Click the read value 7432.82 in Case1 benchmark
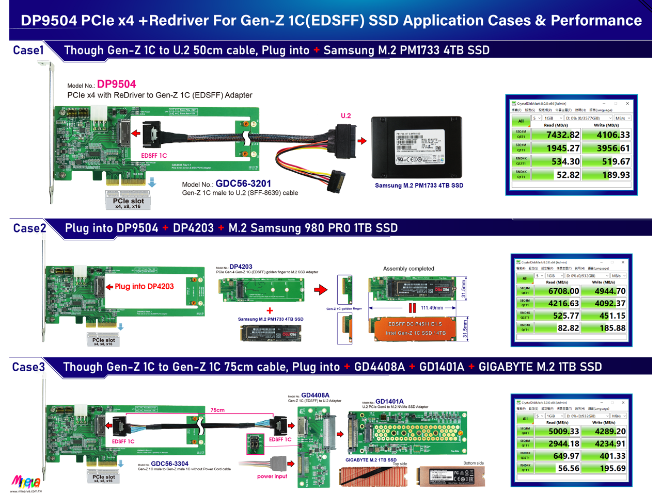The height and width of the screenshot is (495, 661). (x=562, y=135)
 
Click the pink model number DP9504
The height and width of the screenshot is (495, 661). (x=117, y=84)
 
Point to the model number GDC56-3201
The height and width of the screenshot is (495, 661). (x=243, y=184)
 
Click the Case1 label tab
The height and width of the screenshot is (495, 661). (x=28, y=51)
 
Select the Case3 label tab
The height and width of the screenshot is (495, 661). (x=28, y=367)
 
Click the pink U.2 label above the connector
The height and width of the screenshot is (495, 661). (x=345, y=115)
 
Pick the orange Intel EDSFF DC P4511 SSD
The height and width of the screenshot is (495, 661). (x=415, y=328)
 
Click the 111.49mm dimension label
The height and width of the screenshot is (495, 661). (x=432, y=308)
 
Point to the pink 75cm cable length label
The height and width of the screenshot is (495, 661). (x=217, y=410)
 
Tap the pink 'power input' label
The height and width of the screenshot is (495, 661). (x=272, y=476)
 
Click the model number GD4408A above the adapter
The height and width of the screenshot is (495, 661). (x=315, y=395)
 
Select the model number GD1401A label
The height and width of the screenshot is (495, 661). (x=389, y=401)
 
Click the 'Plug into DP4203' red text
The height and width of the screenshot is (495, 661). (x=144, y=287)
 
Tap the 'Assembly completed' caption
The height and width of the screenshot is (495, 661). (x=408, y=269)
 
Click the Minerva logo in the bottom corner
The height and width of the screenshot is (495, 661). (x=26, y=483)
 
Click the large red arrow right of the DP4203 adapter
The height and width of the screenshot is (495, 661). (x=321, y=290)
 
